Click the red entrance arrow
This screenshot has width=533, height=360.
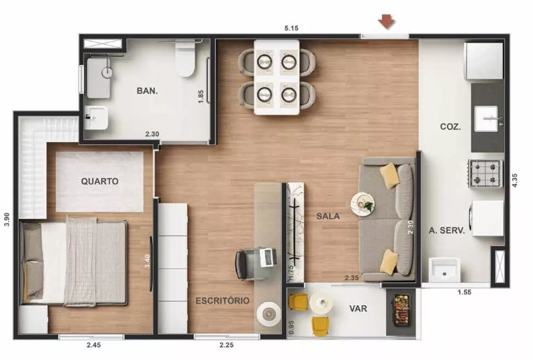pyautogui.click(x=386, y=21)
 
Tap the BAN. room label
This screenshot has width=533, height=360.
pyautogui.click(x=147, y=91)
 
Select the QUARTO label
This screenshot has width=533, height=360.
pyautogui.click(x=100, y=181)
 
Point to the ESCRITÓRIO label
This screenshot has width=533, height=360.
pyautogui.click(x=222, y=301)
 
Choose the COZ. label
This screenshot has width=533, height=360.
pyautogui.click(x=450, y=127)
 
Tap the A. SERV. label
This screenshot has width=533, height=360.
pyautogui.click(x=447, y=231)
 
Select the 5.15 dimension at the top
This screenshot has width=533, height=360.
pyautogui.click(x=290, y=28)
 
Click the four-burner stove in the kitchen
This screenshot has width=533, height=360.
pyautogui.click(x=486, y=173)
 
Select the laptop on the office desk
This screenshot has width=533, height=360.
pyautogui.click(x=267, y=258)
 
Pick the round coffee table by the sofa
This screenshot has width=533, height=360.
pyautogui.click(x=362, y=203)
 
